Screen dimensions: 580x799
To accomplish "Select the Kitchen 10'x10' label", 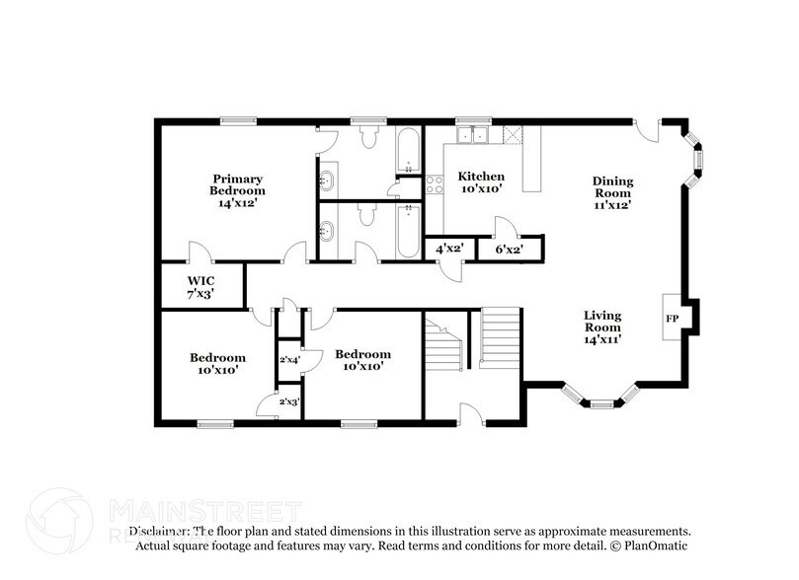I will (481, 182).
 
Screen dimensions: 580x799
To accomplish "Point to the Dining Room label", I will (612, 192).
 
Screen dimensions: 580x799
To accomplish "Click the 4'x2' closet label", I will (447, 250).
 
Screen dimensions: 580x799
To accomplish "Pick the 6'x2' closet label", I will (509, 250).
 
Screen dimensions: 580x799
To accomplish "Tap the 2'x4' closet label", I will (289, 361).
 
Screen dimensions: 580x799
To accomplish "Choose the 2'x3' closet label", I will (289, 402).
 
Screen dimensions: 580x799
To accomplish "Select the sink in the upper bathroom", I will (328, 181).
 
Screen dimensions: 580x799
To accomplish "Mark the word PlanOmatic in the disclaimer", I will (655, 544).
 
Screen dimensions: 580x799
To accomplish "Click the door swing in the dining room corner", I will (645, 131).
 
